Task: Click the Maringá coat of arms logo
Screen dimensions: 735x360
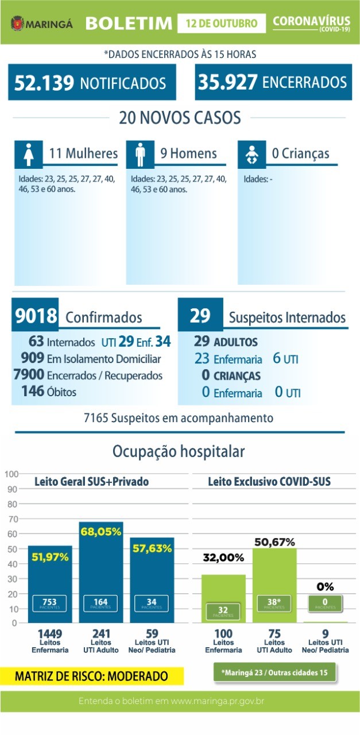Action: pyautogui.click(x=17, y=24)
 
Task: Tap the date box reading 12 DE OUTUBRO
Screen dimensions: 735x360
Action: pyautogui.click(x=221, y=24)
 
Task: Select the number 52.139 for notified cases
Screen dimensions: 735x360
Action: pyautogui.click(x=44, y=83)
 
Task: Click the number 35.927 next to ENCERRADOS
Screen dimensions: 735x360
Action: pyautogui.click(x=227, y=82)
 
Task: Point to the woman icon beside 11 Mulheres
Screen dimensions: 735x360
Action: pyautogui.click(x=28, y=154)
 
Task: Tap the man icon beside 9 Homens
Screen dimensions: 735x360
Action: pyautogui.click(x=139, y=154)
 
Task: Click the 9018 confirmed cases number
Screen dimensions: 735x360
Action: pyautogui.click(x=36, y=316)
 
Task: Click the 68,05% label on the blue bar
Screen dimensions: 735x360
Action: pyautogui.click(x=101, y=532)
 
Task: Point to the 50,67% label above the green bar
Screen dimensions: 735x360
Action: pyautogui.click(x=274, y=541)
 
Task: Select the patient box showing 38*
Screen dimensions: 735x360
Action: pyautogui.click(x=274, y=603)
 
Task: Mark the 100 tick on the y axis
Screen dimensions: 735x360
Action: pyautogui.click(x=11, y=474)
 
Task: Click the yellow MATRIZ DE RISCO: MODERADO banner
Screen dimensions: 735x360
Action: pyautogui.click(x=92, y=676)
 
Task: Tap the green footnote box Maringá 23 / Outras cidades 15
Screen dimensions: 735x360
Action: pyautogui.click(x=274, y=672)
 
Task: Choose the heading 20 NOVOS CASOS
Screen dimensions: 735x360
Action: pyautogui.click(x=180, y=118)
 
